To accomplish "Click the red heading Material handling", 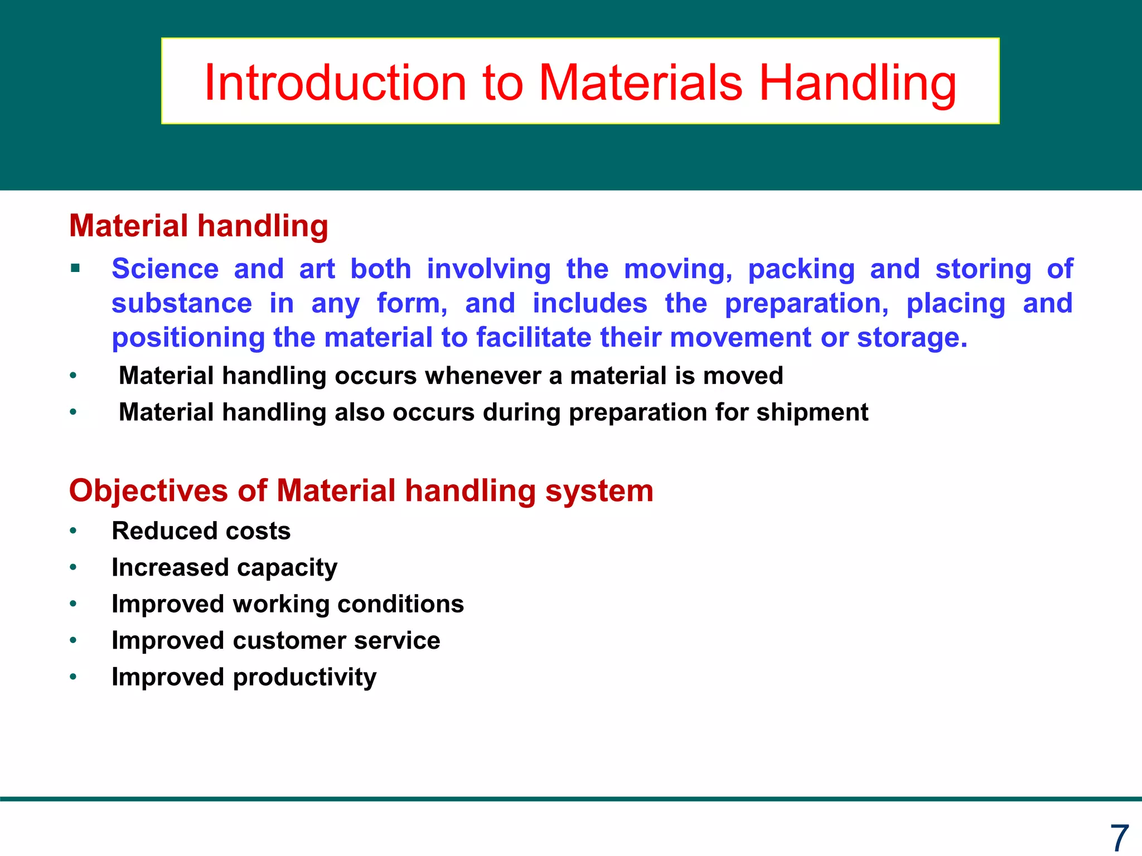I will (199, 226).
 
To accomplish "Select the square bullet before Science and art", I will (75, 269).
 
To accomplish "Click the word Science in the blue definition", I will (165, 269).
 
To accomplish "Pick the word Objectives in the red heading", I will (148, 491).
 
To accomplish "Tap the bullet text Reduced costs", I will (201, 531).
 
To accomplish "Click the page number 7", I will (1119, 838).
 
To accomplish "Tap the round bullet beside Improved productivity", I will (73, 677).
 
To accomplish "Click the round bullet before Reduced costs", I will (73, 531).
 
